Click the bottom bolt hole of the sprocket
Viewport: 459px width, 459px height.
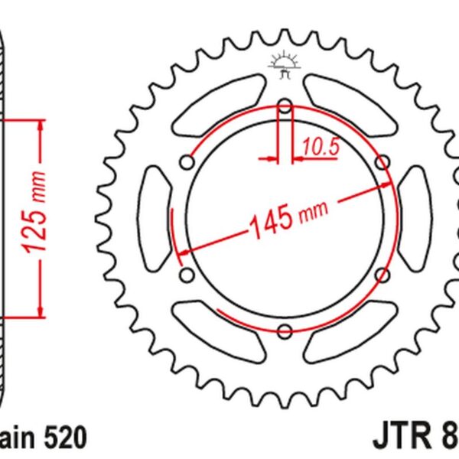click(x=285, y=330)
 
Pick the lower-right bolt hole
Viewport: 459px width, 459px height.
click(x=382, y=274)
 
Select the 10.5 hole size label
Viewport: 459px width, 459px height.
click(x=319, y=148)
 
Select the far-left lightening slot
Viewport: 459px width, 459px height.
click(x=156, y=217)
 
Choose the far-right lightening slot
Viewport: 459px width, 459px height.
click(x=414, y=217)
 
